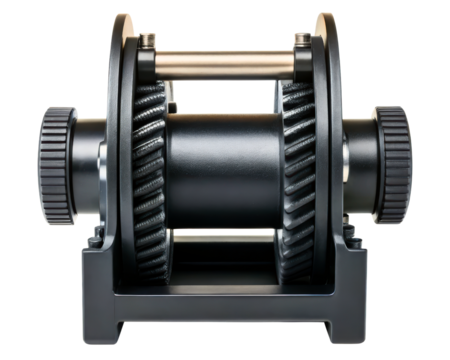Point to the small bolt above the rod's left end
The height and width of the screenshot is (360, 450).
(147, 40)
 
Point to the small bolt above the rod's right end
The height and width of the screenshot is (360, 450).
(302, 40)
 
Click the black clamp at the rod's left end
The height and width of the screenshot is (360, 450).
(146, 64)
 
